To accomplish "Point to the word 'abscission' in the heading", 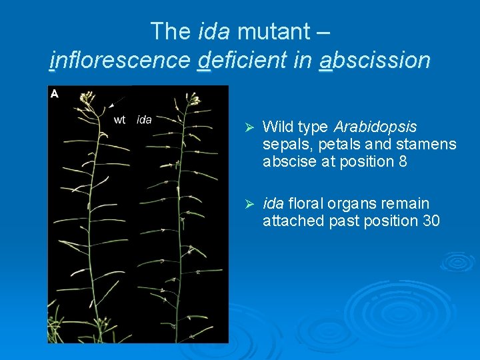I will tap(375, 61).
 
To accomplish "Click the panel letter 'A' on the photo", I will tap(55, 94).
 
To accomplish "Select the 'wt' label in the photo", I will tap(120, 120).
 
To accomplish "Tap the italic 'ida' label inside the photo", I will tap(144, 120).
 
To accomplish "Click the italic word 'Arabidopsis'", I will tap(376, 127).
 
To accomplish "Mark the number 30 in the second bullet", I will tap(431, 221).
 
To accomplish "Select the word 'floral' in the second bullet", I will tap(307, 203).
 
